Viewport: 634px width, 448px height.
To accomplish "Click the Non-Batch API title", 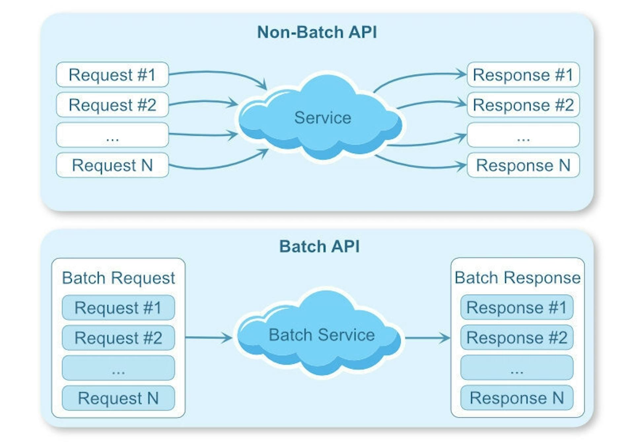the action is click(x=317, y=32).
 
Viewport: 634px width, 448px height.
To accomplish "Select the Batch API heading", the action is click(x=319, y=246).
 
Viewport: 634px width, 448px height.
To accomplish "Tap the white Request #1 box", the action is click(x=113, y=75).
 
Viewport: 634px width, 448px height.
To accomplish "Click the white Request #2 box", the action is click(x=113, y=105).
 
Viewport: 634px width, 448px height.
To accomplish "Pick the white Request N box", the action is click(x=113, y=165).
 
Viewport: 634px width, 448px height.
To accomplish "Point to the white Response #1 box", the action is click(x=523, y=75).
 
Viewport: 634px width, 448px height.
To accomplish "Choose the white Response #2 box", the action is click(x=523, y=105).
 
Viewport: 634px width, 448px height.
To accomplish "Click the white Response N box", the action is click(x=523, y=165).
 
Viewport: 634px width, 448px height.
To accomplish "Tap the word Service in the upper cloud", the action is click(x=323, y=118).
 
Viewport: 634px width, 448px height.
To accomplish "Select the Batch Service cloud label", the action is click(x=322, y=335).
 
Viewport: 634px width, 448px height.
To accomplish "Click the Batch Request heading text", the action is click(x=119, y=278).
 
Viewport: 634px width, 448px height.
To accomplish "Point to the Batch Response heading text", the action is click(x=517, y=277).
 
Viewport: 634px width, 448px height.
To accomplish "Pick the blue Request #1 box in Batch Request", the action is click(x=118, y=307).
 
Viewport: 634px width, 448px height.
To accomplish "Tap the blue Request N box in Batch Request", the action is click(x=118, y=398).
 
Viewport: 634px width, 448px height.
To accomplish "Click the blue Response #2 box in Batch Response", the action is click(x=517, y=337).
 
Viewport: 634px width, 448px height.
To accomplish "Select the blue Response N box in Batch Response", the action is click(x=517, y=398).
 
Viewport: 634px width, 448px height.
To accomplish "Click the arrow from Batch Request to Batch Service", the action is click(x=209, y=337).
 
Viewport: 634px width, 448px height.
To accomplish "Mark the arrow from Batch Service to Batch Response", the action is click(x=428, y=337).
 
